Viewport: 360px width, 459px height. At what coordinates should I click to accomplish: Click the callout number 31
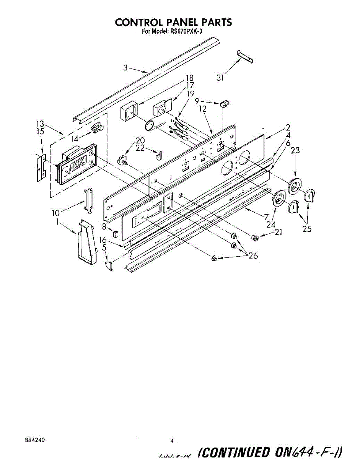coord(220,78)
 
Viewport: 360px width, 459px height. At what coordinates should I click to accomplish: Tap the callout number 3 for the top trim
coord(125,68)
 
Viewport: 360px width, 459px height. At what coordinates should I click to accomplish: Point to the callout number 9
coord(197,101)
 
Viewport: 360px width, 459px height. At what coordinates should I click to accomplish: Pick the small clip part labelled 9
coord(224,103)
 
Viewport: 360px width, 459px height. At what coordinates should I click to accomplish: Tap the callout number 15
coord(40,131)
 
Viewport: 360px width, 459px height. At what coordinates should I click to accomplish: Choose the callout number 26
coord(253,256)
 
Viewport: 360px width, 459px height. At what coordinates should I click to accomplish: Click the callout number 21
coord(279,232)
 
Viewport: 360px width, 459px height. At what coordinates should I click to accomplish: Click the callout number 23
coord(295,150)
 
